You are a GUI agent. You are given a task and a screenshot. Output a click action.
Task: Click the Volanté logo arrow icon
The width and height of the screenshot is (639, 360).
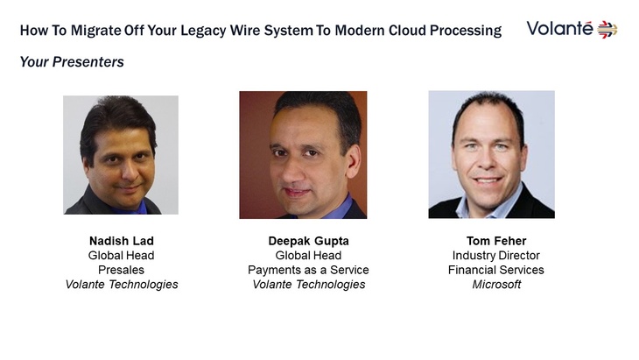pyautogui.click(x=607, y=30)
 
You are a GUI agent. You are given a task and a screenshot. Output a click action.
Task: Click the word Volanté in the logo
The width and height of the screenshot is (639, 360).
pyautogui.click(x=559, y=29)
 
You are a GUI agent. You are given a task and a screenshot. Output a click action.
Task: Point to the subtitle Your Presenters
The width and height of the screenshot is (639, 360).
pyautogui.click(x=72, y=62)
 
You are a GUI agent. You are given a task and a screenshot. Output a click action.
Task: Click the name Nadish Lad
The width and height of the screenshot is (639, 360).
pyautogui.click(x=122, y=241)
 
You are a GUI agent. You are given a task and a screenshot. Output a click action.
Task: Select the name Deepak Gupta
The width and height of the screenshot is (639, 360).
pyautogui.click(x=308, y=241)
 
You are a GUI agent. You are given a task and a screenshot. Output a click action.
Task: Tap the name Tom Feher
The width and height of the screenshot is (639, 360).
pyautogui.click(x=496, y=241)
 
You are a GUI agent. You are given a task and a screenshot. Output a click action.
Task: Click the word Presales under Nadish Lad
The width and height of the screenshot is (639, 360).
pyautogui.click(x=121, y=270)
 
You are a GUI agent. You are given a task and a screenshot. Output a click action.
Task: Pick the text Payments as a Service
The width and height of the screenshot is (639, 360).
pyautogui.click(x=308, y=270)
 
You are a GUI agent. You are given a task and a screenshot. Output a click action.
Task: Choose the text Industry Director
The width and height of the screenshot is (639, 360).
pyautogui.click(x=496, y=256)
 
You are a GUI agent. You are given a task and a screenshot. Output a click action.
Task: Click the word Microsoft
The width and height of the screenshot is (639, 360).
pyautogui.click(x=496, y=285)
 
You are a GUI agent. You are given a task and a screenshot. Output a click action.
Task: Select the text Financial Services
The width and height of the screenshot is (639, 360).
pyautogui.click(x=496, y=270)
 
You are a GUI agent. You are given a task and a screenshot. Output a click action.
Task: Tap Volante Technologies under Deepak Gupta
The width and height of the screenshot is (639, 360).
pyautogui.click(x=308, y=285)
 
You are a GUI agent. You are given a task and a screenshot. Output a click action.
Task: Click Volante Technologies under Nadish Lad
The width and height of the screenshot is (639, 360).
pyautogui.click(x=122, y=285)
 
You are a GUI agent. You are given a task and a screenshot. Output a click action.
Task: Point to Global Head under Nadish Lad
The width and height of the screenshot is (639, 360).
pyautogui.click(x=121, y=256)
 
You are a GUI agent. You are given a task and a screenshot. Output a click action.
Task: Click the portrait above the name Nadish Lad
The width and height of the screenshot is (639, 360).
pyautogui.click(x=121, y=155)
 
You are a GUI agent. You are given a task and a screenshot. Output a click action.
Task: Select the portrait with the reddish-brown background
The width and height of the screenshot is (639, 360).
pyautogui.click(x=303, y=155)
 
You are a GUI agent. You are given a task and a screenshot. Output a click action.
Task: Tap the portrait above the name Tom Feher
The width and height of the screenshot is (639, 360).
pyautogui.click(x=491, y=154)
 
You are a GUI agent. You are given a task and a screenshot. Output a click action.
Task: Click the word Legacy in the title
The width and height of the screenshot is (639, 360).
pyautogui.click(x=203, y=31)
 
